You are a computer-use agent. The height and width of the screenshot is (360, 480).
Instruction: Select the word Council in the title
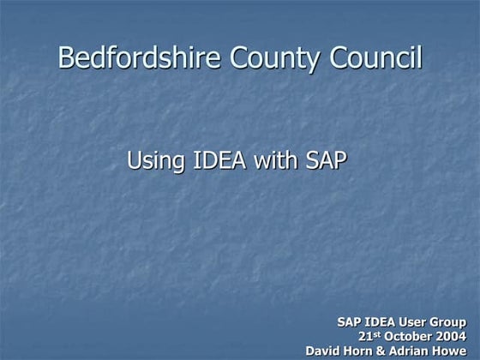[376, 59]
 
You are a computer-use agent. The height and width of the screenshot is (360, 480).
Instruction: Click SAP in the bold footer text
[350, 321]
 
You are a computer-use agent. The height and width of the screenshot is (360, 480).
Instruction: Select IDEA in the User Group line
[382, 321]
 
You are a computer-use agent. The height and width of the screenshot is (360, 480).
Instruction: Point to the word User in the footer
[417, 321]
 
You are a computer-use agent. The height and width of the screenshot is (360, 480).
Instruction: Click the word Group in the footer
[452, 321]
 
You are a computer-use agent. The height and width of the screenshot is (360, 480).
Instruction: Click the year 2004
[452, 336]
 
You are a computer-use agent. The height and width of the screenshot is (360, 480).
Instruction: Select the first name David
[324, 351]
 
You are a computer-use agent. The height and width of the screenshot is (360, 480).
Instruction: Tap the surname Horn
[362, 351]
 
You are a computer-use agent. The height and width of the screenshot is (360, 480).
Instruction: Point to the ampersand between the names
[385, 351]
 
